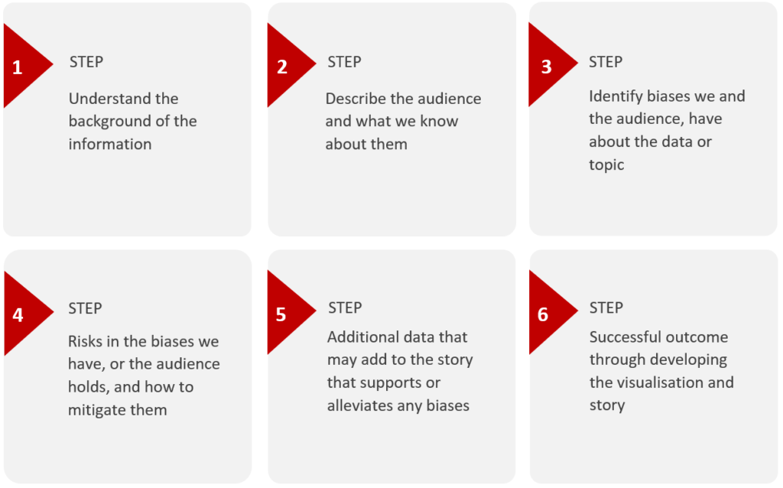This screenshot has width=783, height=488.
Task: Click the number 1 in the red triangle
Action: point(18,67)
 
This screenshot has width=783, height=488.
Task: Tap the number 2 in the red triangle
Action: point(282,67)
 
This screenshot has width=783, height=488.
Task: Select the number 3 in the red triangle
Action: point(546,67)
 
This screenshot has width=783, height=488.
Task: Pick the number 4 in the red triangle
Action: point(18,314)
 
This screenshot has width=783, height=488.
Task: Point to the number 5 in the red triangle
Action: point(281,314)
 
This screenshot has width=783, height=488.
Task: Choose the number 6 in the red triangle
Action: point(543,314)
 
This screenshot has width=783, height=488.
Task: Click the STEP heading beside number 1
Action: point(86,62)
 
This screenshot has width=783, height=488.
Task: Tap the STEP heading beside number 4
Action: point(85,308)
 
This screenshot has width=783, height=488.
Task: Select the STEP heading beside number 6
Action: point(606,307)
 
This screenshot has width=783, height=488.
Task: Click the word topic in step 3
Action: point(606,164)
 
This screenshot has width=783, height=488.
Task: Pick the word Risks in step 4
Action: point(87,341)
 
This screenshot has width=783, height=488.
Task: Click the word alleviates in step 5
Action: point(363,405)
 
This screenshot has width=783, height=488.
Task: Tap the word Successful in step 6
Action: point(625,337)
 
